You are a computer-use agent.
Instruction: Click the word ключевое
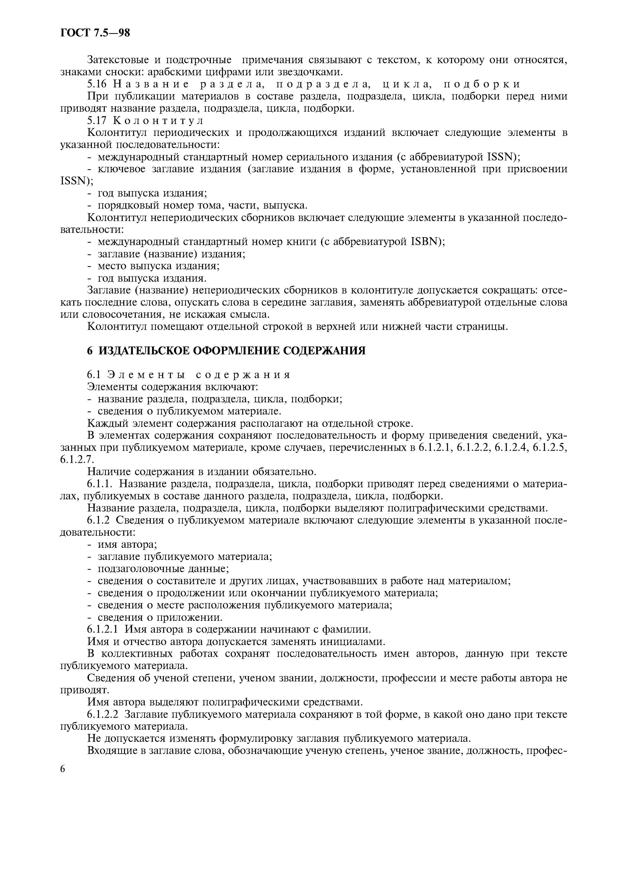click(121, 169)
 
